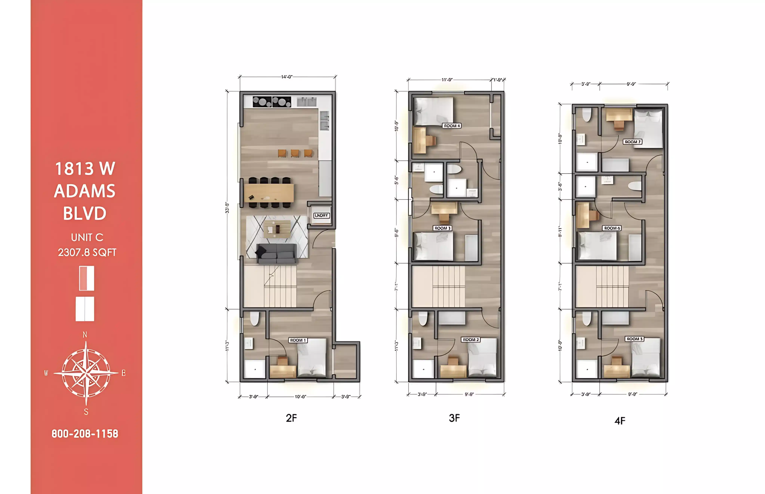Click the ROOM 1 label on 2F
coord(298,340)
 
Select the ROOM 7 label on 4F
coord(632,141)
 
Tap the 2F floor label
coord(291,418)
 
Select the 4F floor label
coord(620,421)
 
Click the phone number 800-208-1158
coord(85,434)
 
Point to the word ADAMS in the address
coord(85,191)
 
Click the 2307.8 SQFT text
coord(87,253)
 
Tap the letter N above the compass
coord(85,335)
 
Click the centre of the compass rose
coord(86,373)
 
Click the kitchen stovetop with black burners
coord(272,102)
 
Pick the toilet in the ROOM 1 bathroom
coord(254,319)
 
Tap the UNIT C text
coord(87,237)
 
